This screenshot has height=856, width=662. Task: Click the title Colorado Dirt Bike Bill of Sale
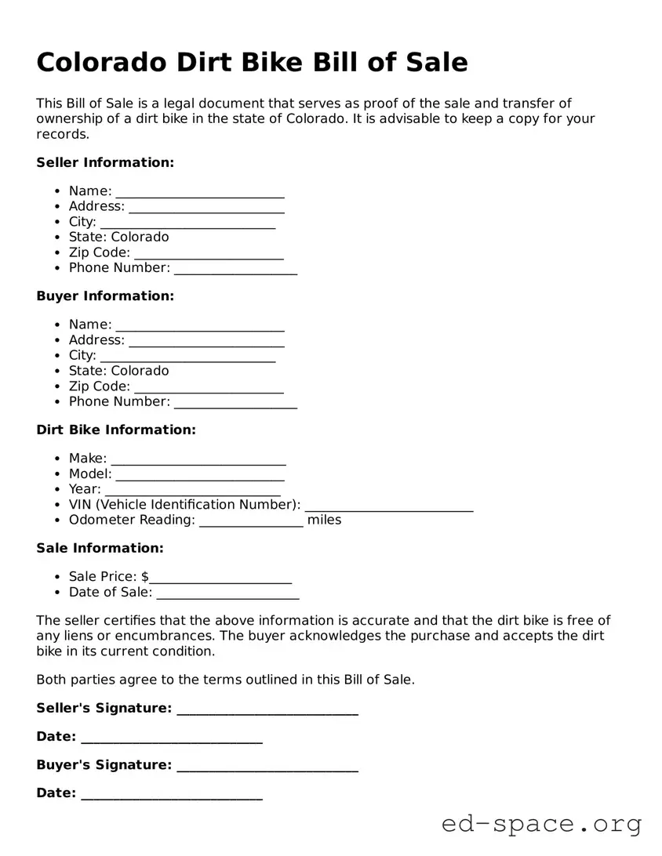click(252, 62)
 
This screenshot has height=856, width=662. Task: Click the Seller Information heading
click(105, 162)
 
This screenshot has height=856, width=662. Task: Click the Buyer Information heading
click(105, 296)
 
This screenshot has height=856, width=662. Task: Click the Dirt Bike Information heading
click(116, 430)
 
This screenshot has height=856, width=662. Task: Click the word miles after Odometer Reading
click(324, 520)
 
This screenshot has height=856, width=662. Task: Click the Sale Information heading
click(100, 548)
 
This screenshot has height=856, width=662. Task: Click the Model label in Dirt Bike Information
click(89, 473)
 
